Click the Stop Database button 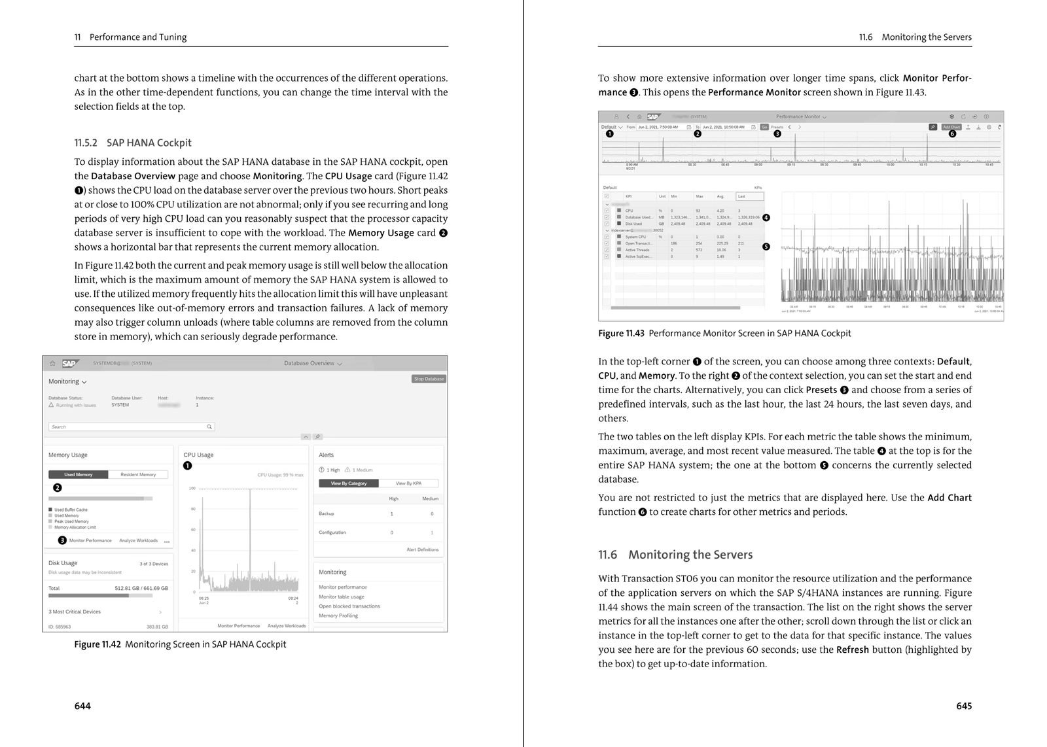[x=429, y=379]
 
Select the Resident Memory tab [x=138, y=474]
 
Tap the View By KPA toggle [x=408, y=483]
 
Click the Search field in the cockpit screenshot [x=131, y=426]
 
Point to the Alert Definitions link [x=422, y=549]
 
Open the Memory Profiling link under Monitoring [x=338, y=616]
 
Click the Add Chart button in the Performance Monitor [x=951, y=127]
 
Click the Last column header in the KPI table [x=741, y=196]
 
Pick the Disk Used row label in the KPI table [x=633, y=224]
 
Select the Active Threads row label [x=637, y=250]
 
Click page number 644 [x=82, y=706]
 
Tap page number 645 [x=964, y=706]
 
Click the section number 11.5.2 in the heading [x=86, y=143]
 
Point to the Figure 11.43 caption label [x=621, y=334]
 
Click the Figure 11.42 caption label [x=98, y=644]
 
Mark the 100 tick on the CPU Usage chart [x=192, y=489]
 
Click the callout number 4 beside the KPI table [x=766, y=218]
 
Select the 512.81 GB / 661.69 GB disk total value [x=141, y=588]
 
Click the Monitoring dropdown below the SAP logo [x=67, y=381]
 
